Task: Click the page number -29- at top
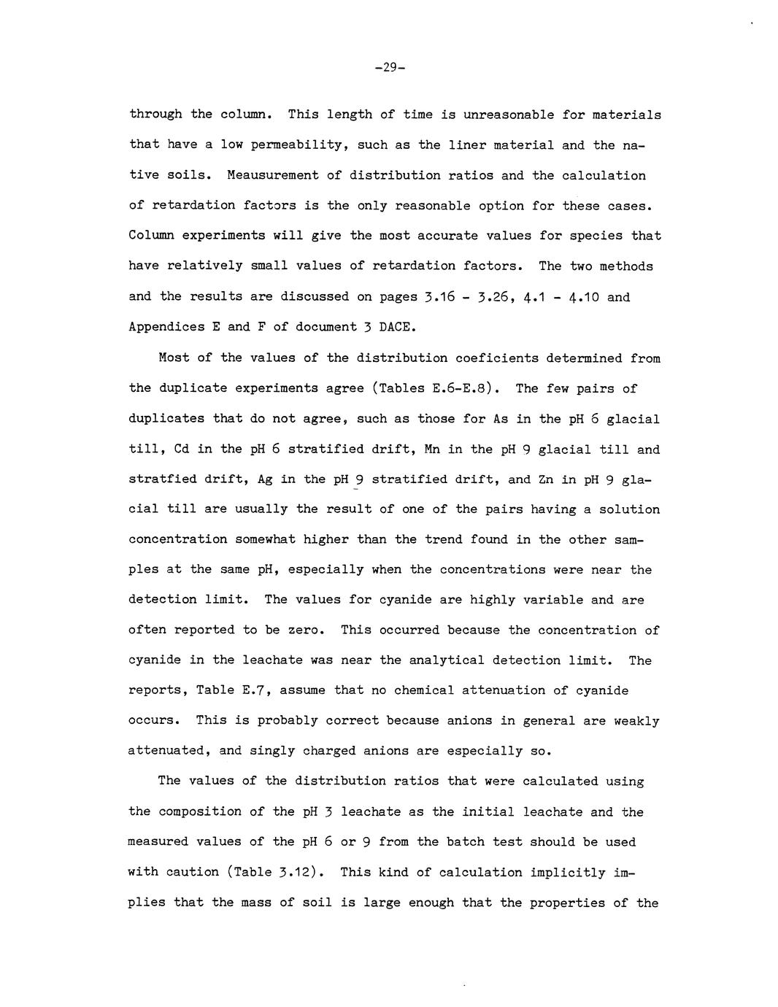tap(389, 68)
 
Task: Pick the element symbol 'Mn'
tap(431, 449)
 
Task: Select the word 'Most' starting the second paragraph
tap(174, 358)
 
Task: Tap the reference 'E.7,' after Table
tap(256, 690)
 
